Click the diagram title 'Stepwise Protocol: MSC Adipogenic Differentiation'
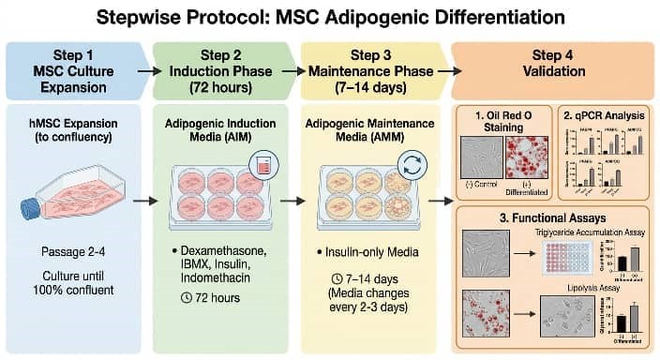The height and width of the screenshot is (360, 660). (330, 17)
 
